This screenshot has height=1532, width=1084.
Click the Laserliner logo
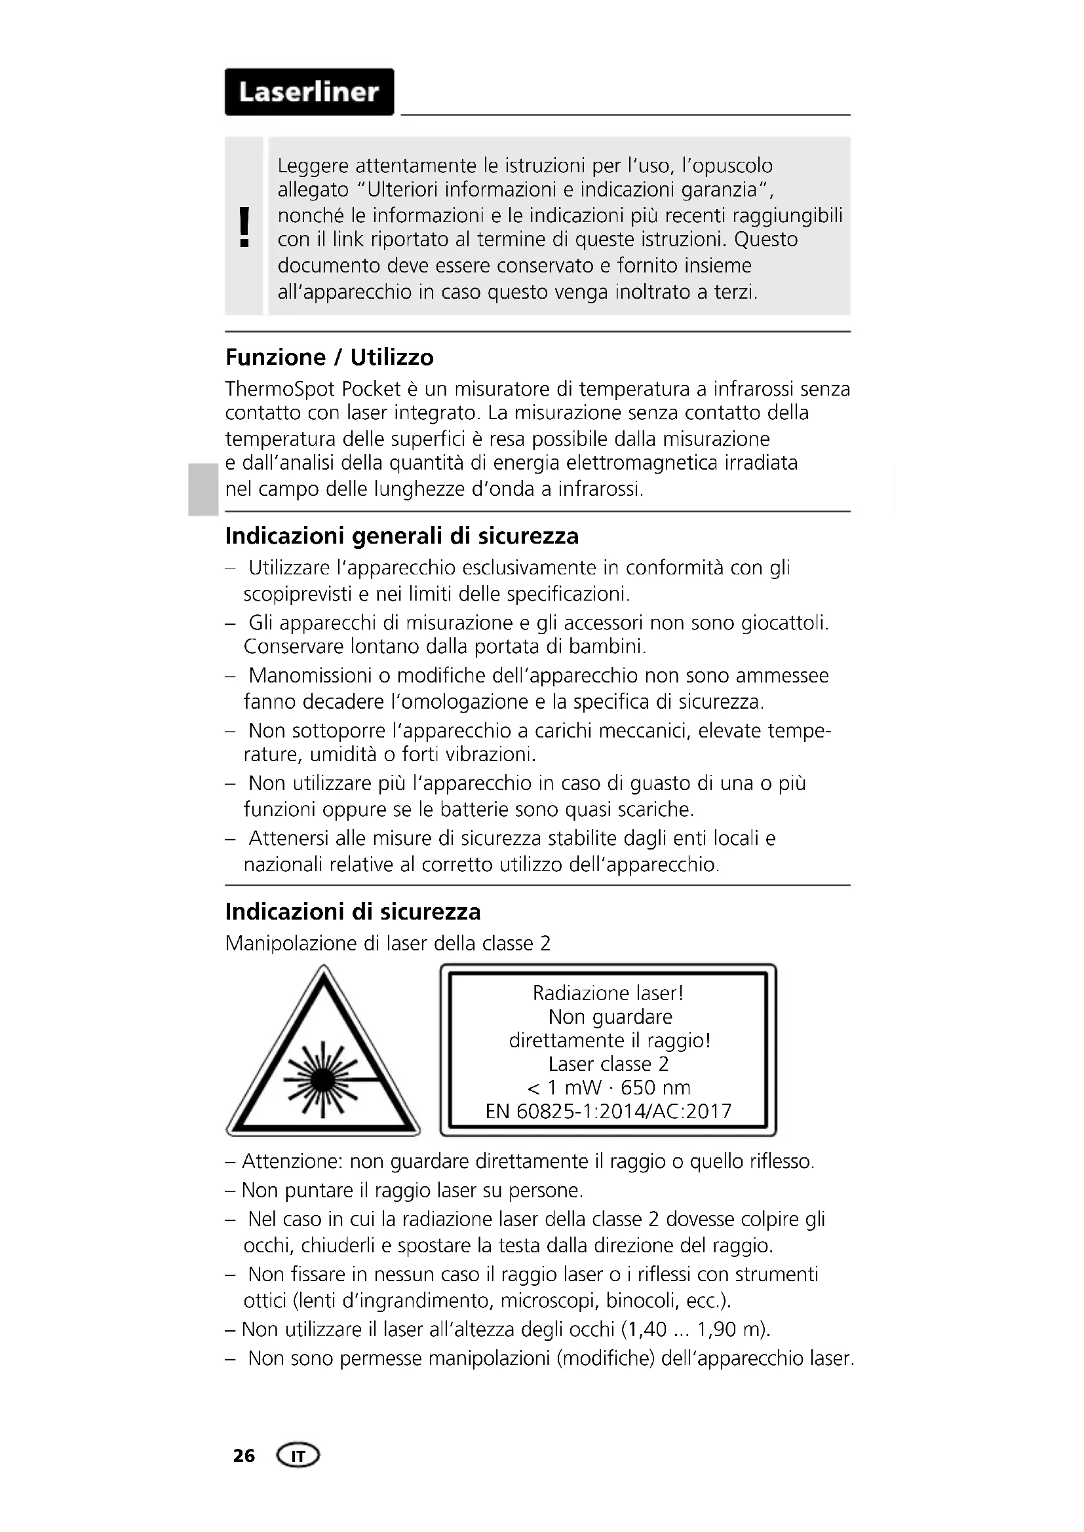tap(309, 92)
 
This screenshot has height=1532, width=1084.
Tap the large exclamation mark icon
tap(244, 227)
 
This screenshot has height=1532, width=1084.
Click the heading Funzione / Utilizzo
tap(329, 358)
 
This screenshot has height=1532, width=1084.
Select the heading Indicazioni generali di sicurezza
tap(402, 536)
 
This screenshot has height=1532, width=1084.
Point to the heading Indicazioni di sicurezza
tap(353, 912)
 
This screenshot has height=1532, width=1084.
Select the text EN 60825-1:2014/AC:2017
tap(608, 1112)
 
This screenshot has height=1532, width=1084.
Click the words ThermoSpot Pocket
tap(313, 389)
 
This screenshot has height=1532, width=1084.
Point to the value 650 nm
tap(655, 1088)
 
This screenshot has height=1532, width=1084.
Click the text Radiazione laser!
tap(608, 994)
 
